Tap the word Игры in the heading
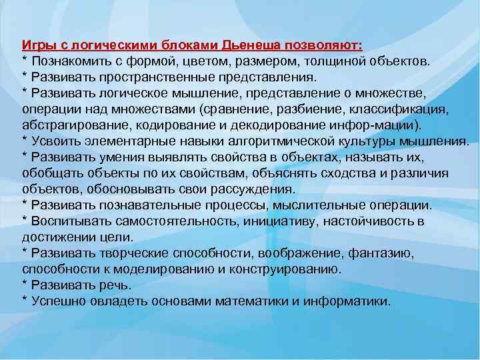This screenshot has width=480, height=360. click(37, 46)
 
